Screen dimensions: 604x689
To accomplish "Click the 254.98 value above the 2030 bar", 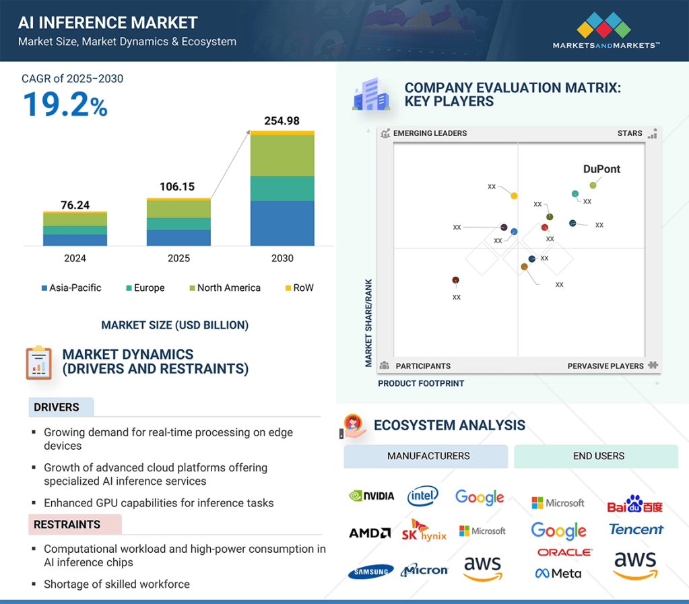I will pyautogui.click(x=282, y=121).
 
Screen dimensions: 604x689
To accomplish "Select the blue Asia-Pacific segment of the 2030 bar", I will pyautogui.click(x=282, y=223).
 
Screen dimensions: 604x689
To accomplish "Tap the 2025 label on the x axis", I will pyautogui.click(x=178, y=258).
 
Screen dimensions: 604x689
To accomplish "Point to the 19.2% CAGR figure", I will pyautogui.click(x=65, y=105).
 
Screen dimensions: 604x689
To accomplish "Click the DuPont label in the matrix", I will pyautogui.click(x=601, y=169).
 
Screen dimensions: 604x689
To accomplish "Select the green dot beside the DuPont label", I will pyautogui.click(x=593, y=185).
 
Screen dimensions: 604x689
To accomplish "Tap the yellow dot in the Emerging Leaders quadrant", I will pyautogui.click(x=514, y=196).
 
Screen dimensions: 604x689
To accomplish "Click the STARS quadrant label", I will pyautogui.click(x=630, y=133).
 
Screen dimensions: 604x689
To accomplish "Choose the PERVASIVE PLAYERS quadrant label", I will pyautogui.click(x=605, y=366).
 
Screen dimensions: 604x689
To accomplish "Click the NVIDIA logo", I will pyautogui.click(x=372, y=496).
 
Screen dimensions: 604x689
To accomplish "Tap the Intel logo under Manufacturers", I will pyautogui.click(x=423, y=496).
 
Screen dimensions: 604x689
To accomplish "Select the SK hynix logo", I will pyautogui.click(x=424, y=530).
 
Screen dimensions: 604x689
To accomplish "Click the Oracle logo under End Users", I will pyautogui.click(x=565, y=552).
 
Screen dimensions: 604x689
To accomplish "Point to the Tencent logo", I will pyautogui.click(x=636, y=529).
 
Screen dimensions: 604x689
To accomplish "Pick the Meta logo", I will pyautogui.click(x=558, y=574).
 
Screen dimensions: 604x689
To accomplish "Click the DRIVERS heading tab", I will pyautogui.click(x=57, y=407).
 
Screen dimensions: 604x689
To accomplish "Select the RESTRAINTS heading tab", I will pyautogui.click(x=67, y=525).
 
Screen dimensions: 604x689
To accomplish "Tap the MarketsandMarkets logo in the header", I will pyautogui.click(x=605, y=32).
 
